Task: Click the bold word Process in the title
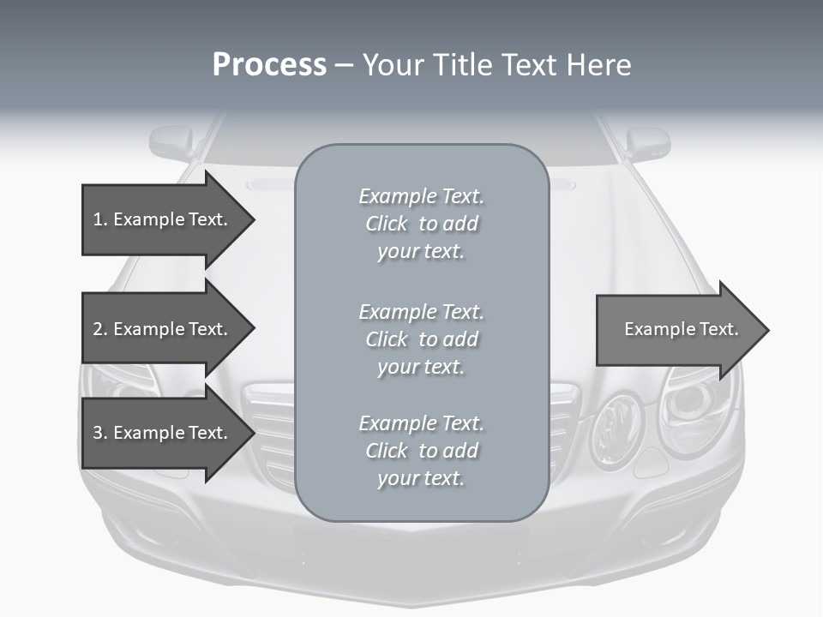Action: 269,65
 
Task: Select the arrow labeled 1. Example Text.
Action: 163,219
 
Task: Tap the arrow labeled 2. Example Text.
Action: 163,329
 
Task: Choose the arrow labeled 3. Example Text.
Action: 163,433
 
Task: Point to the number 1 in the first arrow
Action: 98,219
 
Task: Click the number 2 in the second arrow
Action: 98,329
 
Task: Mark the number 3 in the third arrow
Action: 98,433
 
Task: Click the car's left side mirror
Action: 172,141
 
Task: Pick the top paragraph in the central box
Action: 421,224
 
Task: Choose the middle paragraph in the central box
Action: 421,339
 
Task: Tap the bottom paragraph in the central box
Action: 421,451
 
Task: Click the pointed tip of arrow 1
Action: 252,219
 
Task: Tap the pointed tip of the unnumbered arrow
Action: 766,329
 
